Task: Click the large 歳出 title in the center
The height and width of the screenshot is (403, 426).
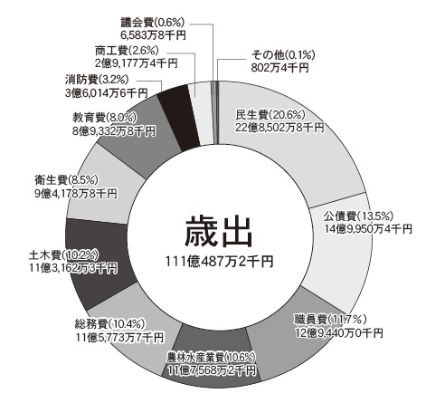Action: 218,232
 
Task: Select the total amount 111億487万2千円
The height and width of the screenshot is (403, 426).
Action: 219,262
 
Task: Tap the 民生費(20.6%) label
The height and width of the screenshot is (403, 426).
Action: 270,115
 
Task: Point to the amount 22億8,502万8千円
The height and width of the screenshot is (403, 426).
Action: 279,128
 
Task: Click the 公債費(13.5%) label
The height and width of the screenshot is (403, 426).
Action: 358,216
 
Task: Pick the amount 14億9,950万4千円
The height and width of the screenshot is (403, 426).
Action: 368,229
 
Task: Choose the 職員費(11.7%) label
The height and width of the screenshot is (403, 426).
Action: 330,320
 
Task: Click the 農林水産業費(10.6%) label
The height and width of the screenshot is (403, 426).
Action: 212,359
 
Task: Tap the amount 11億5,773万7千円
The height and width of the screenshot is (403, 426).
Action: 119,337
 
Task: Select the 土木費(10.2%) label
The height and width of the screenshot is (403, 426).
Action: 63,255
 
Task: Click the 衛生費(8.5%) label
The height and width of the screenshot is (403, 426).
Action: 66,180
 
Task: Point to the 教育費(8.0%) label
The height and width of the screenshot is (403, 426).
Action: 104,118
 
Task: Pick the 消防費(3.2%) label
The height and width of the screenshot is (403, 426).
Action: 97,80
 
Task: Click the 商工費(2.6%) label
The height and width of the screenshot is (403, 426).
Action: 127,51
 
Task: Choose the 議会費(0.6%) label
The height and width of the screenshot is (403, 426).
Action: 152,23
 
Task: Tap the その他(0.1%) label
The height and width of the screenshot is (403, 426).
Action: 283,55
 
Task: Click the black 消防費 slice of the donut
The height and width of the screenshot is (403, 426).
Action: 178,118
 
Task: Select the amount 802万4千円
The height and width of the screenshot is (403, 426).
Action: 280,68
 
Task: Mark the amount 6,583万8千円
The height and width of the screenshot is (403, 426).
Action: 153,35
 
